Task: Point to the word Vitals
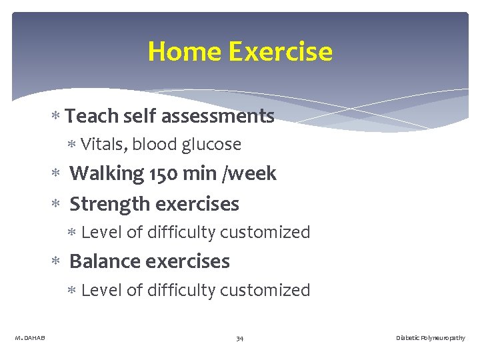103,145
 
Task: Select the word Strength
107,204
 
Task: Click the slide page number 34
239,339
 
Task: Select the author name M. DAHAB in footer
30,339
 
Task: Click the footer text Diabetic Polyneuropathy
430,339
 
